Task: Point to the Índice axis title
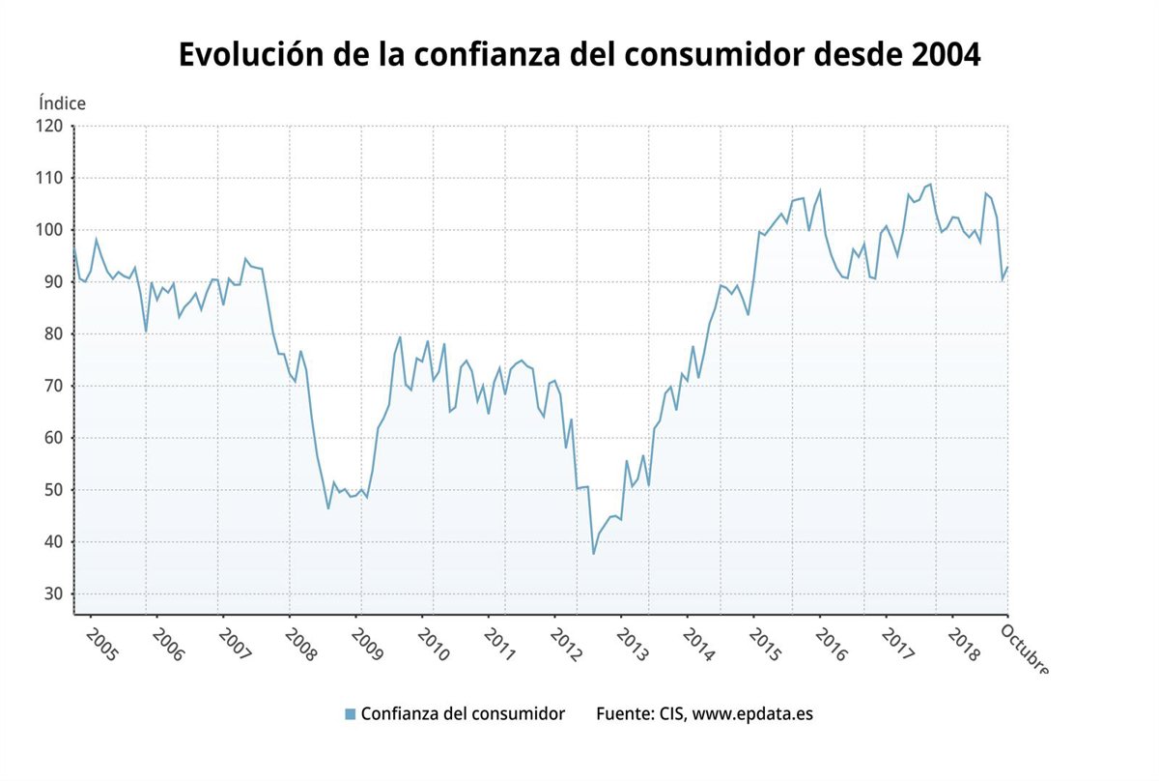click(62, 102)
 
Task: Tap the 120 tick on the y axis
click(50, 126)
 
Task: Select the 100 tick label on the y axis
click(50, 230)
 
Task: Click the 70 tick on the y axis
click(54, 386)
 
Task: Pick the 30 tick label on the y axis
click(54, 594)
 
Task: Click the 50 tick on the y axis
click(54, 490)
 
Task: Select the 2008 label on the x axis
click(300, 645)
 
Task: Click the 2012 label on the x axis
click(566, 645)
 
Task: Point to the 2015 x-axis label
click(766, 645)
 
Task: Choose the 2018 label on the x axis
click(965, 645)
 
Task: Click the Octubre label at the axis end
click(1024, 648)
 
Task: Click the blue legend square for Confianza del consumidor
click(350, 714)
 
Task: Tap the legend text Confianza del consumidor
click(463, 714)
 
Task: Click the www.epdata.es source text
click(753, 714)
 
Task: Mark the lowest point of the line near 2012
click(593, 554)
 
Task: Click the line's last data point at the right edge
click(1007, 267)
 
